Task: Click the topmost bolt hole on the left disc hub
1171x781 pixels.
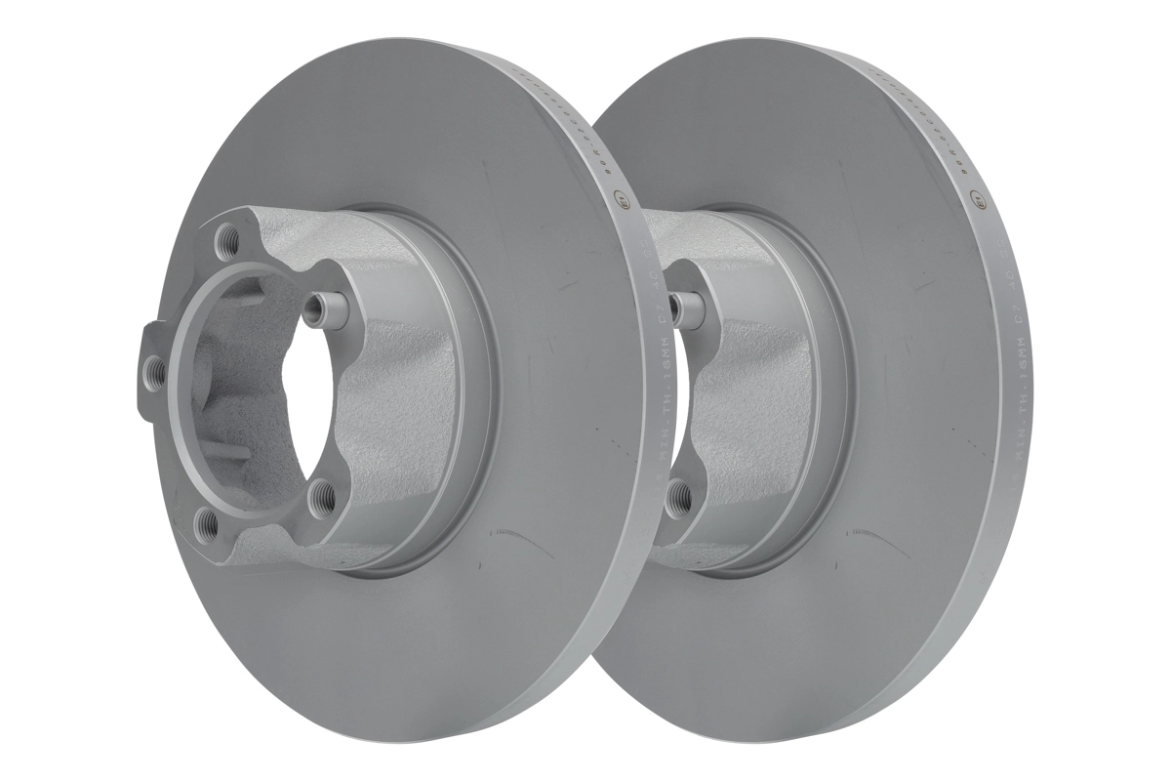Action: click(230, 235)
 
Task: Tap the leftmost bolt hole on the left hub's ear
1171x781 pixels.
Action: click(153, 368)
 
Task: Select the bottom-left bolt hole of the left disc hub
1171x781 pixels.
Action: click(205, 521)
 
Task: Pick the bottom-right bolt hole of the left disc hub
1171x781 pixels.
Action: click(316, 496)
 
